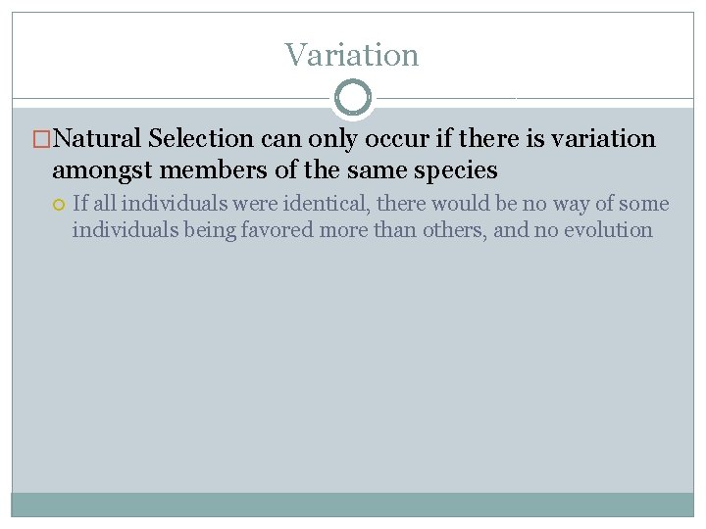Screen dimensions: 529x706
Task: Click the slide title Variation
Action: click(352, 55)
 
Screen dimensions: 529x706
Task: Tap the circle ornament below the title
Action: click(352, 98)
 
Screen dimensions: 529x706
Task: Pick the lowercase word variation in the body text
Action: click(603, 139)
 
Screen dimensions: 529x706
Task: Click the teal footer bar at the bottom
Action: click(352, 505)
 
